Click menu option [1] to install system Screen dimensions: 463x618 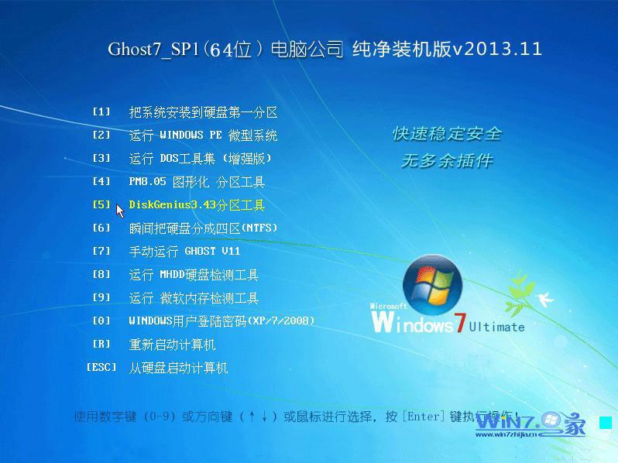point(203,112)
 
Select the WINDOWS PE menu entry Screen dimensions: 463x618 point(203,135)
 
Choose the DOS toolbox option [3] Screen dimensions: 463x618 point(200,159)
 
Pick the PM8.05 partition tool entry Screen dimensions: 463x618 point(197,182)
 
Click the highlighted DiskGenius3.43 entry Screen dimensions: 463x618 point(197,205)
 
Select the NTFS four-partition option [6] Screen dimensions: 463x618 point(203,228)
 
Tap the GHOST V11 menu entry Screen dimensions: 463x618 point(184,252)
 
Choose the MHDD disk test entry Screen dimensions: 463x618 point(194,275)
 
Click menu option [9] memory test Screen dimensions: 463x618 point(194,298)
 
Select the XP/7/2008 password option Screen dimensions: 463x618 point(221,321)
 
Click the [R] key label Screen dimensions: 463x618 point(101,344)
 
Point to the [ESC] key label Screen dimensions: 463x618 point(101,367)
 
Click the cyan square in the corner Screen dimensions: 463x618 point(605,423)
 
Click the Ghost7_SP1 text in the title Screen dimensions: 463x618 point(153,50)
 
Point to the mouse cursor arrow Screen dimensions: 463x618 point(119,209)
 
